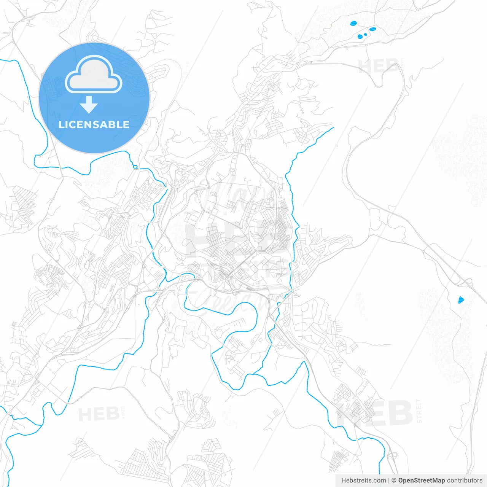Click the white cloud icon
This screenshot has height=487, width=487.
[94, 75]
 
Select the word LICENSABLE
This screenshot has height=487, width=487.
[94, 124]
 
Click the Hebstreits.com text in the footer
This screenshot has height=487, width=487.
[363, 481]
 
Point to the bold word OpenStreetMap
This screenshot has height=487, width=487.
[421, 481]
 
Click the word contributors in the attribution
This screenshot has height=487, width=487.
[464, 481]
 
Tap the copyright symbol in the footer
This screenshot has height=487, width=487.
[394, 481]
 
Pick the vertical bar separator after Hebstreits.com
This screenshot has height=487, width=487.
[389, 481]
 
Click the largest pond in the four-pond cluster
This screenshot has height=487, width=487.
[354, 23]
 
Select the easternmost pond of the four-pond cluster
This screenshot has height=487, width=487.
[372, 29]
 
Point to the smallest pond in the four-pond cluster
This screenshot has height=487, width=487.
[365, 35]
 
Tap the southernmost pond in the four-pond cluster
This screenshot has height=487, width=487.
[360, 37]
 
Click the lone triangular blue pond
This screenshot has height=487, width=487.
[461, 300]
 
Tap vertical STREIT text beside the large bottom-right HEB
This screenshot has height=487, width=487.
[419, 411]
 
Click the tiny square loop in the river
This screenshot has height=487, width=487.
[135, 166]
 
